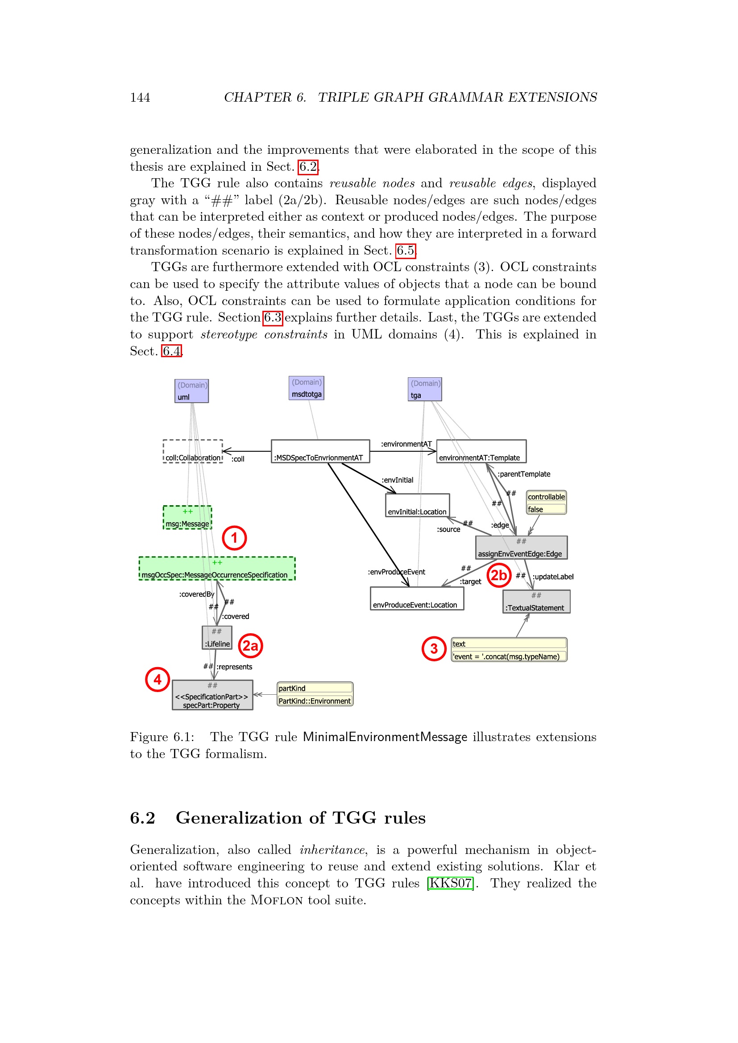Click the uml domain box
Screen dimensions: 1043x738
191,391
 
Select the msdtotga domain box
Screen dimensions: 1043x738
306,388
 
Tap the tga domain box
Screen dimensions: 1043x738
424,389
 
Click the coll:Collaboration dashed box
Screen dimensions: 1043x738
193,451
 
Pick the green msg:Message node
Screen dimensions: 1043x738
187,517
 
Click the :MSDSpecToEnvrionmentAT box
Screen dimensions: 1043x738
320,451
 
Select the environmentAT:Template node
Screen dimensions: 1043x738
481,451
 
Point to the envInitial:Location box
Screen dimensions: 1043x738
417,505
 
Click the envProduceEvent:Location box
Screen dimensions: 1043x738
417,598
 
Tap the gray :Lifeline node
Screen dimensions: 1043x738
217,637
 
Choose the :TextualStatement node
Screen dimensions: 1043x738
536,602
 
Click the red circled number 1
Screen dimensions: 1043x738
234,538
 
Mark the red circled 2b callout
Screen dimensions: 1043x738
498,575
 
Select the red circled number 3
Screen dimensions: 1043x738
434,648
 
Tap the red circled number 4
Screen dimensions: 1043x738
157,679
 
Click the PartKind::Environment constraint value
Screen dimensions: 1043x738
315,701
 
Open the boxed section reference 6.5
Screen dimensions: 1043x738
405,250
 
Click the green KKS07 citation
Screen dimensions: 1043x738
450,882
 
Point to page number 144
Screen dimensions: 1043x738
140,98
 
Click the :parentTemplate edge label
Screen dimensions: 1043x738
523,474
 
